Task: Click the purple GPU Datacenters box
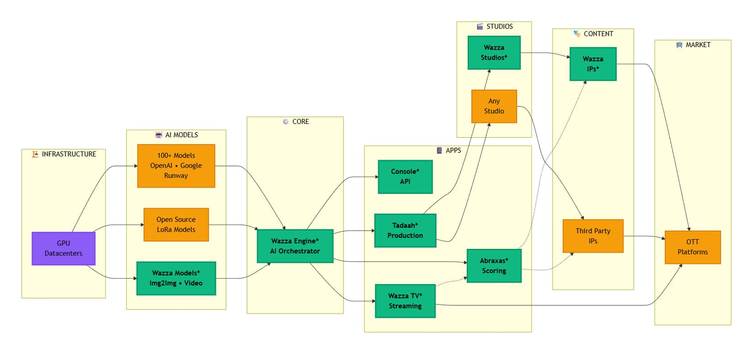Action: click(64, 248)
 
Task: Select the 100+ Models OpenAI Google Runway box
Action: click(176, 166)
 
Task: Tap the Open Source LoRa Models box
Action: click(176, 225)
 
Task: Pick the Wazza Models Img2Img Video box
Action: click(176, 278)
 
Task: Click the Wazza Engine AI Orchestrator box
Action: click(295, 246)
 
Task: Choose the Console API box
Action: click(405, 177)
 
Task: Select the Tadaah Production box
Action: click(405, 231)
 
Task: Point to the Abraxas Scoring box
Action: click(494, 266)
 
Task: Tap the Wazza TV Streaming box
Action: click(405, 301)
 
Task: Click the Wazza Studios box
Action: click(494, 53)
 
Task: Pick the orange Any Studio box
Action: click(494, 106)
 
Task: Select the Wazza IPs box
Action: click(593, 64)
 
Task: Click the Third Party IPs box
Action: click(593, 236)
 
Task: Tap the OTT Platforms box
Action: click(692, 247)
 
